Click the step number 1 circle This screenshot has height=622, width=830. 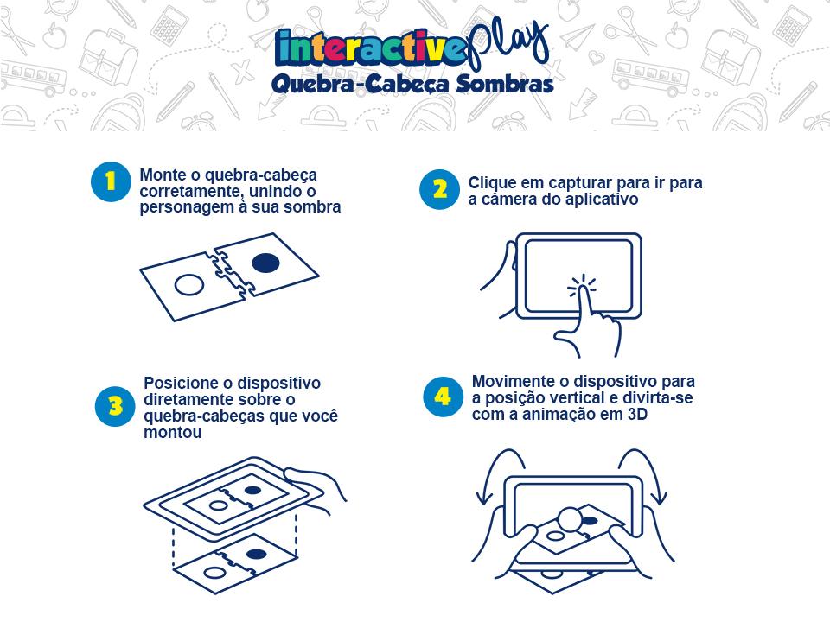(x=111, y=182)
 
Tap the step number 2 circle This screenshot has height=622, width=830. (x=439, y=189)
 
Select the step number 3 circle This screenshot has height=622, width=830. (x=115, y=406)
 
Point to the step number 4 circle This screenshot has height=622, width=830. (x=444, y=397)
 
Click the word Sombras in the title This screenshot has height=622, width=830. (x=505, y=84)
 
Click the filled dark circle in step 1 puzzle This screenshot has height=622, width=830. (x=265, y=263)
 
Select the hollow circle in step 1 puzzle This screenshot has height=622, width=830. (x=189, y=285)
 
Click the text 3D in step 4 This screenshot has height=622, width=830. (x=637, y=414)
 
